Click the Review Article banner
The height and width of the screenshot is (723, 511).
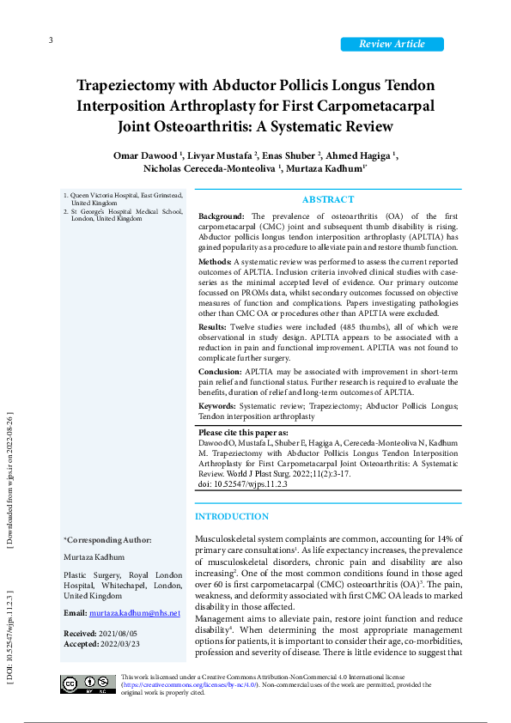coord(392,44)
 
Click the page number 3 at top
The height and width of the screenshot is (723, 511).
coord(51,41)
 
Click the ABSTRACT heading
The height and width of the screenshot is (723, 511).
coord(328,199)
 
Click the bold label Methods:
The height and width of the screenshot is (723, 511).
coord(215,260)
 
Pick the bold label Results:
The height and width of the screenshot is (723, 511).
coord(213,327)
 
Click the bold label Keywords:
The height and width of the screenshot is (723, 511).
coord(217,405)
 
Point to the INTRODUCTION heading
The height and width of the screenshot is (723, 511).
coord(232,516)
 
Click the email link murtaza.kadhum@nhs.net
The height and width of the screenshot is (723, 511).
coord(134,613)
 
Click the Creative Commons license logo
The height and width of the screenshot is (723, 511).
coord(88,684)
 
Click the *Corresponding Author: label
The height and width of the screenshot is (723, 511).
coord(107,540)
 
